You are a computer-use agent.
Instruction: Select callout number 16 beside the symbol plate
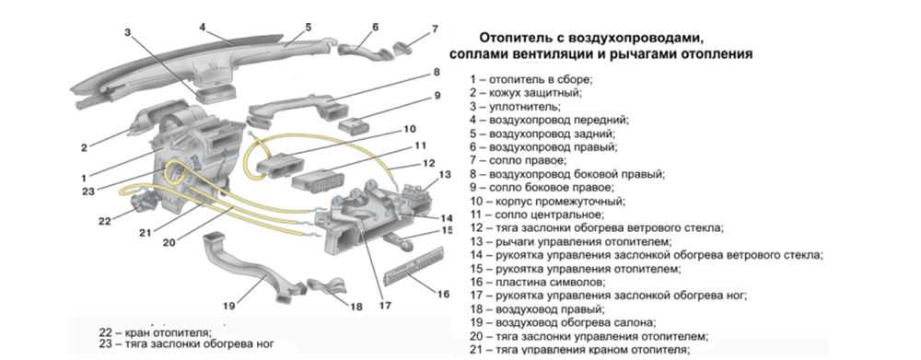444,293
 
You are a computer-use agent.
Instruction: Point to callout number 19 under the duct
229,306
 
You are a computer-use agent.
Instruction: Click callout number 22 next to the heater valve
105,221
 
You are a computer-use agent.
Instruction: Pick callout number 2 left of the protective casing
84,148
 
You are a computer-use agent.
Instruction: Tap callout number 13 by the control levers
445,174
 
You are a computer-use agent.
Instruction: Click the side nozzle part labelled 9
356,124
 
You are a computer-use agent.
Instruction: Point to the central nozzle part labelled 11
315,180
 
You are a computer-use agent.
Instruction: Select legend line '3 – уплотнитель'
515,106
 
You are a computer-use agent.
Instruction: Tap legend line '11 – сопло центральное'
536,215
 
